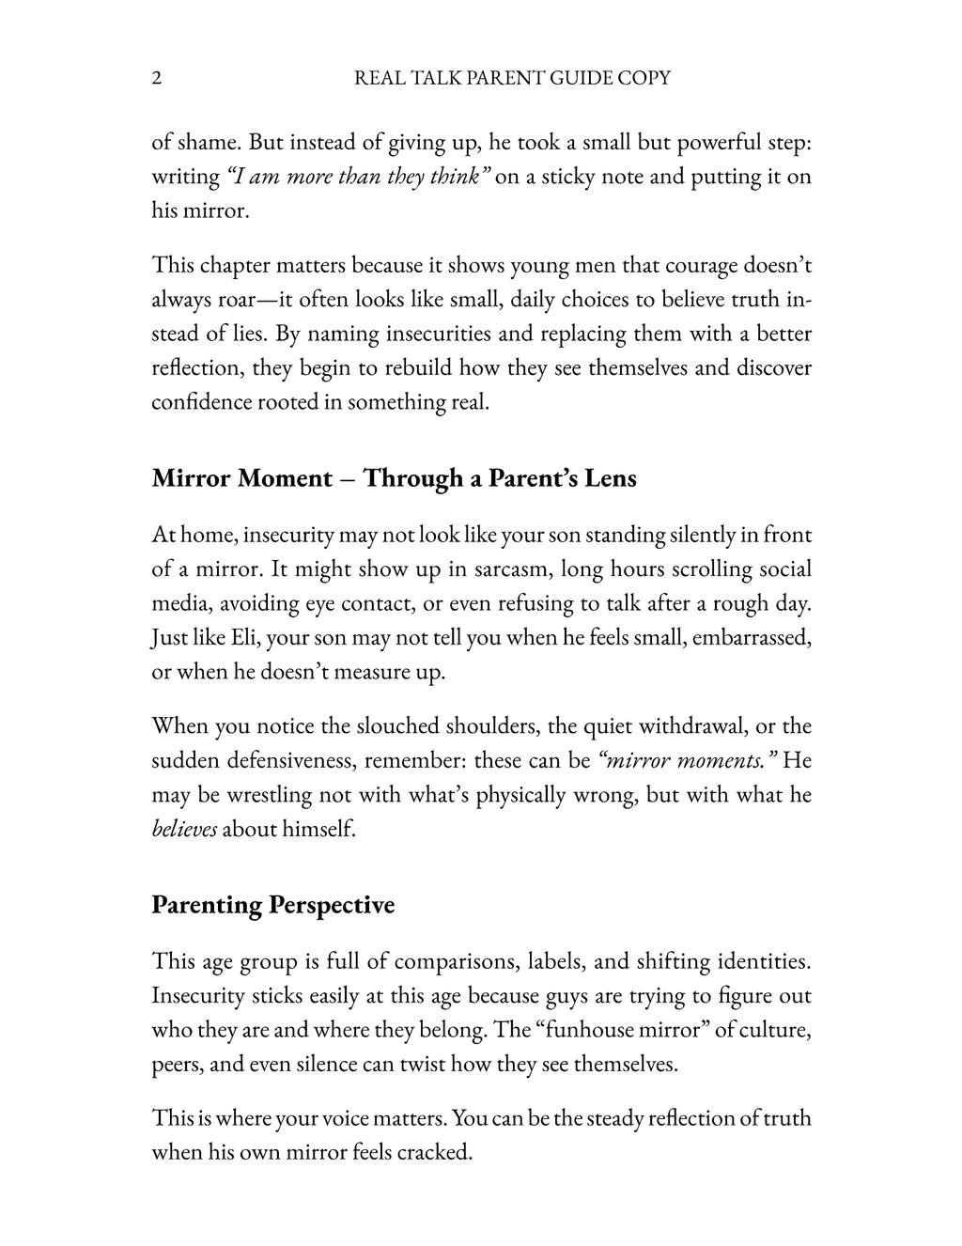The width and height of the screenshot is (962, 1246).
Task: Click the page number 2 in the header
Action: tap(157, 78)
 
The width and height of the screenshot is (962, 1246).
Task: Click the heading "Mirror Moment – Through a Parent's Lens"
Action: tap(394, 478)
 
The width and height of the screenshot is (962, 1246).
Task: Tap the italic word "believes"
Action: tap(184, 829)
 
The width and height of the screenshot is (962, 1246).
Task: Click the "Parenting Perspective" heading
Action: tap(272, 905)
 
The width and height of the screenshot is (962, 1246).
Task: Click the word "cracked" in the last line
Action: tap(436, 1151)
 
